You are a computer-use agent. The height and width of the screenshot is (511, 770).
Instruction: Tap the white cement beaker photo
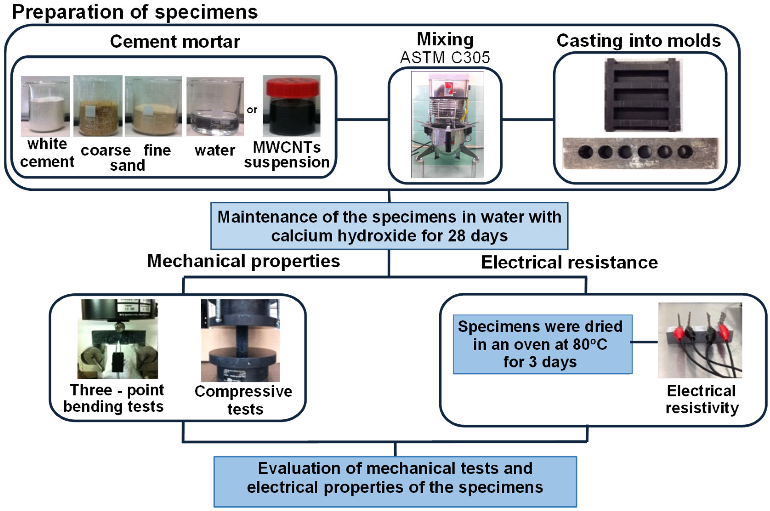tap(45, 106)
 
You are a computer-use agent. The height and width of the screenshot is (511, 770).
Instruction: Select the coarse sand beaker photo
tap(98, 106)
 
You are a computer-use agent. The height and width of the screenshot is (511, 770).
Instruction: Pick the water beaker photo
tap(215, 107)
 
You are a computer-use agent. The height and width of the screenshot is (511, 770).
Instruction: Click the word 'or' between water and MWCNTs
tap(252, 110)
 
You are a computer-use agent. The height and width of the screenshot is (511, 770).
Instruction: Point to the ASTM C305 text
tap(445, 58)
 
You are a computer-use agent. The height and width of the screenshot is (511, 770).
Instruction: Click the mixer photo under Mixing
tap(447, 125)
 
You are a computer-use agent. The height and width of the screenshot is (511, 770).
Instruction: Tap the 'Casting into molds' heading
tap(638, 41)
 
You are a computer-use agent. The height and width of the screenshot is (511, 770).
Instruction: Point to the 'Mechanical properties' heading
tap(243, 261)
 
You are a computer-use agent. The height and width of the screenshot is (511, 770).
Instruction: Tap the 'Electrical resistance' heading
tap(569, 263)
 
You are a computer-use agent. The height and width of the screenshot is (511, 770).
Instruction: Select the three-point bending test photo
tap(118, 339)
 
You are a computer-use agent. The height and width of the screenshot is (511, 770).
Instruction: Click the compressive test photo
tap(240, 341)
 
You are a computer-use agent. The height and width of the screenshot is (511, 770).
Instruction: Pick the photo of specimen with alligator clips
tap(700, 341)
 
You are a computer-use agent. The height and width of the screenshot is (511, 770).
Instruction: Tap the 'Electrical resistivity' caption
tap(702, 399)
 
